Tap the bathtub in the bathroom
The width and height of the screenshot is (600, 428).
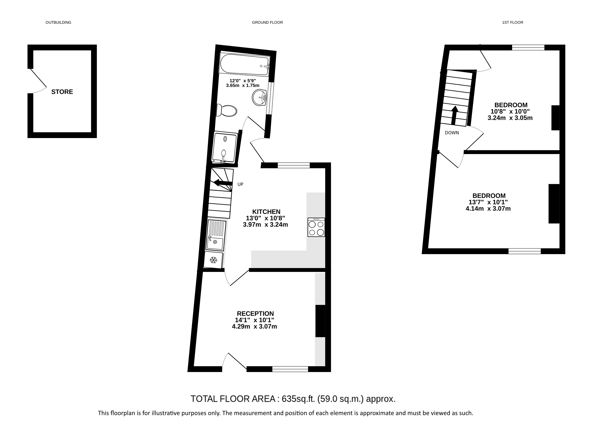[245, 65]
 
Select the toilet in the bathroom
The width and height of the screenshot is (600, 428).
[226, 110]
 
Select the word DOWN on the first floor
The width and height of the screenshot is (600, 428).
[452, 133]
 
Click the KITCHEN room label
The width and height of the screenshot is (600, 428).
[266, 212]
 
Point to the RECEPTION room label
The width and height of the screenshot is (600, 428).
[255, 314]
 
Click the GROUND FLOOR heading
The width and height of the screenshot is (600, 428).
[267, 23]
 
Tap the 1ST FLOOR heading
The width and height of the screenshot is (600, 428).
[513, 23]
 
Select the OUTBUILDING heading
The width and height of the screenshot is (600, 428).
[58, 23]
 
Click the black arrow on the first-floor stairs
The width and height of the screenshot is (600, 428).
[454, 115]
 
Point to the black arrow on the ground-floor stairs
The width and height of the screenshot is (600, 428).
[223, 183]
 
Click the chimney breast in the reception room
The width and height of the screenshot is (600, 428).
[320, 321]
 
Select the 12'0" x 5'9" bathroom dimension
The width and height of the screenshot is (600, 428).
[243, 81]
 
